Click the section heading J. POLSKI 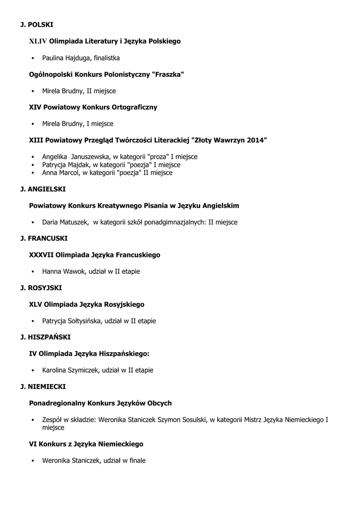pyautogui.click(x=36, y=24)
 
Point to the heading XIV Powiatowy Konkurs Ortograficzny pyautogui.click(x=93, y=107)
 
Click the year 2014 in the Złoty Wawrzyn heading pyautogui.click(x=255, y=140)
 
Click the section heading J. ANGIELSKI pyautogui.click(x=43, y=189)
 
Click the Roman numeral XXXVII pyautogui.click(x=41, y=255)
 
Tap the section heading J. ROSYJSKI pyautogui.click(x=41, y=288)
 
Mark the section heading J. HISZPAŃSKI pyautogui.click(x=45, y=337)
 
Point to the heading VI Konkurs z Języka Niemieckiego pyautogui.click(x=86, y=444)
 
